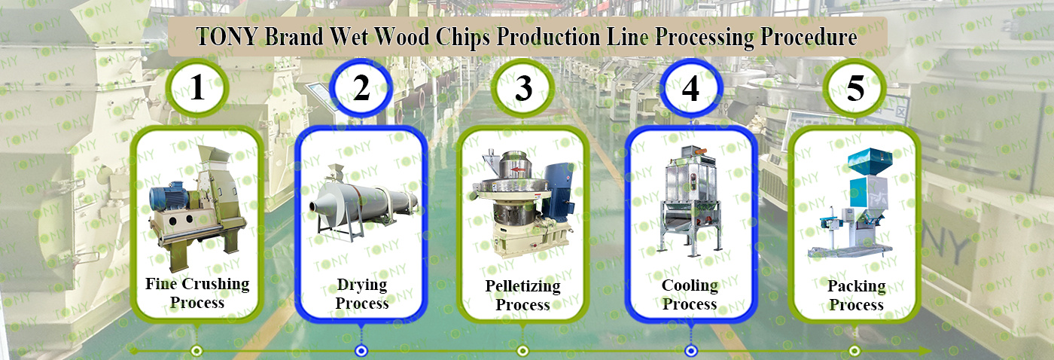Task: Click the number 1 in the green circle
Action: tap(197, 87)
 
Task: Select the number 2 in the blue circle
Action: tap(361, 87)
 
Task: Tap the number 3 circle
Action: tap(522, 88)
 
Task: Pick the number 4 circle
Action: tap(690, 88)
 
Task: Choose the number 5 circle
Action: tap(855, 88)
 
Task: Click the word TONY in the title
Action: tap(227, 37)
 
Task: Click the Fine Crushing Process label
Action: tap(197, 293)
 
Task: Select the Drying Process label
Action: tap(362, 294)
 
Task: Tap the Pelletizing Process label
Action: tap(522, 295)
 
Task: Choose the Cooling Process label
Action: tap(690, 294)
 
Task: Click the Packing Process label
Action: tap(857, 295)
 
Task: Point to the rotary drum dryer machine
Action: tap(363, 203)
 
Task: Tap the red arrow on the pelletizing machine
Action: tap(519, 169)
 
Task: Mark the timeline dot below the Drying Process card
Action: tap(361, 351)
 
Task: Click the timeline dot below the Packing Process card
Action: tap(854, 351)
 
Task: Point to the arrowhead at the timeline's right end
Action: tap(925, 351)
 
